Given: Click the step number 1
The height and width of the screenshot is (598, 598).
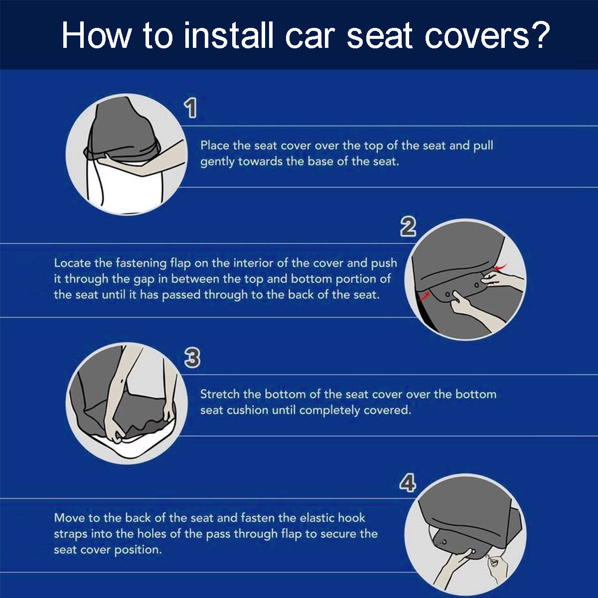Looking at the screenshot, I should coord(191,109).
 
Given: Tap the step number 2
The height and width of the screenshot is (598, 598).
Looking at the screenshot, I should coord(408,227).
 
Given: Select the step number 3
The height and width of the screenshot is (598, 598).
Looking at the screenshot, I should coord(192,358).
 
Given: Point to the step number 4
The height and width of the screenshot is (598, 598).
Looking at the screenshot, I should coord(407,483).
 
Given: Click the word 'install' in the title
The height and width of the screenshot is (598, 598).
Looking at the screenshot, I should coord(229,36).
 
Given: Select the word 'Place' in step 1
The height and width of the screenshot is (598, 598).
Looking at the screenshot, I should coord(215,146).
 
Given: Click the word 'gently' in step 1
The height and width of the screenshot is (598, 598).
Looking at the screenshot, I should coord(217,162).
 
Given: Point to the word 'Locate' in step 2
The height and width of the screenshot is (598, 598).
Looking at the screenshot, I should coord(73,263).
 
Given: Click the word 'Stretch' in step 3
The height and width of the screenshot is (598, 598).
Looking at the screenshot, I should coord(221,394).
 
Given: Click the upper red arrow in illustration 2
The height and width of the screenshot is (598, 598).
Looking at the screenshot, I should coord(500,268).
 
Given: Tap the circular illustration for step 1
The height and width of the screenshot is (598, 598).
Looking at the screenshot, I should coord(127,155).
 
